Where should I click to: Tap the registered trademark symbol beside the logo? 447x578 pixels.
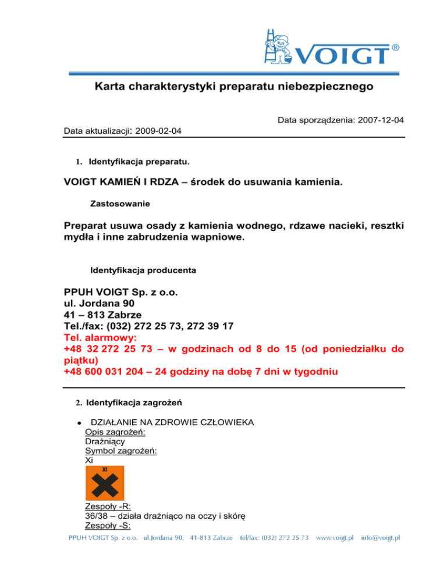pyautogui.click(x=396, y=46)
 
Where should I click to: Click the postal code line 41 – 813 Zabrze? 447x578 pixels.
pyautogui.click(x=106, y=315)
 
